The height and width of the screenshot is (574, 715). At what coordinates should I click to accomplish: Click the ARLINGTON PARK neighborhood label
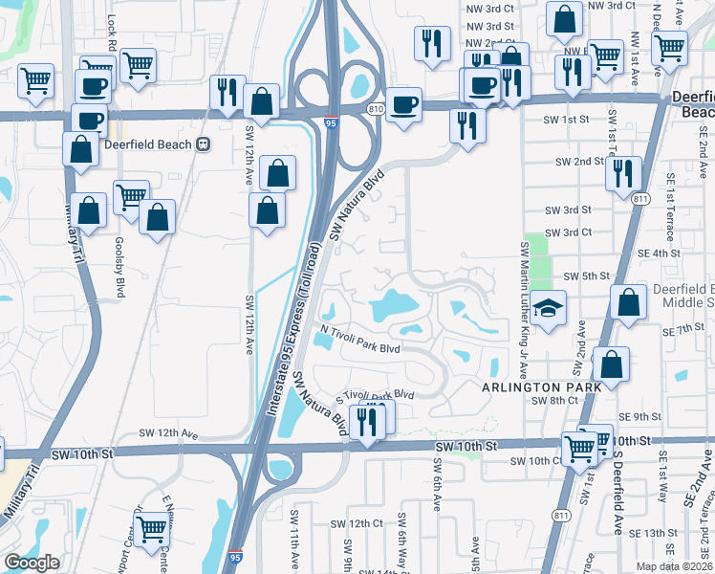click(541, 386)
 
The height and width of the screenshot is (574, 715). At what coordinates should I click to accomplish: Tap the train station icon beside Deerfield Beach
click(203, 143)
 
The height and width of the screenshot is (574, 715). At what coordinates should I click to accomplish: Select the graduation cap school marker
click(549, 309)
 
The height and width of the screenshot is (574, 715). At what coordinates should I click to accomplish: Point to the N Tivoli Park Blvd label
click(359, 340)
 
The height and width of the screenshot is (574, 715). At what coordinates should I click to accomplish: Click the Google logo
click(32, 563)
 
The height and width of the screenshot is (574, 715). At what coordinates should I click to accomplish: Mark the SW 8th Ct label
click(550, 401)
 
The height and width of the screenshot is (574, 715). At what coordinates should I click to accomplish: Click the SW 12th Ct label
click(357, 523)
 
